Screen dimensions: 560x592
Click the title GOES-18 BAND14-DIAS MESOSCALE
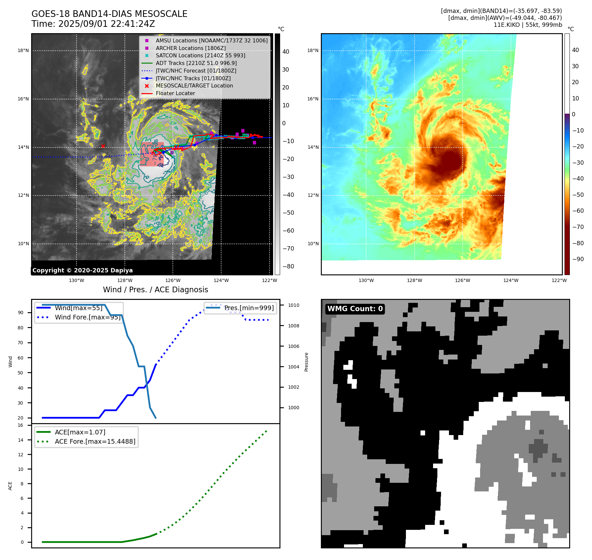pos(109,14)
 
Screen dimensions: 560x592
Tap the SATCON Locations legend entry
pos(200,56)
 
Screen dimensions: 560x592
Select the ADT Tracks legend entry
pos(196,63)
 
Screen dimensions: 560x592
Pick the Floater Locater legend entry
pos(175,93)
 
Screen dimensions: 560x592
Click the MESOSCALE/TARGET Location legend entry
pos(194,86)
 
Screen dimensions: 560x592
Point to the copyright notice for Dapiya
pos(82,270)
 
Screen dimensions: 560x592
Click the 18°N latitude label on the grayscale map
pos(23,51)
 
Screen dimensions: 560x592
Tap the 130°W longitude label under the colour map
pos(366,281)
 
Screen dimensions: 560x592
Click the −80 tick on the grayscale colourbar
pos(288,266)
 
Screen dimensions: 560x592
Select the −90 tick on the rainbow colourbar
pos(578,259)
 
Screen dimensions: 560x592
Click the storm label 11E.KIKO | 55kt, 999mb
pos(528,25)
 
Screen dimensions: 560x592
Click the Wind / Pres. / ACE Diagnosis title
pos(155,290)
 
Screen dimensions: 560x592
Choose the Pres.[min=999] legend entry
pos(249,308)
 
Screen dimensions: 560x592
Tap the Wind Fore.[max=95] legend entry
pos(88,317)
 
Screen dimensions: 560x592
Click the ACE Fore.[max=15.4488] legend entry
pos(95,442)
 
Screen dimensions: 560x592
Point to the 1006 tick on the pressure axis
pos(293,346)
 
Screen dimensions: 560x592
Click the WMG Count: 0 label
pos(355,309)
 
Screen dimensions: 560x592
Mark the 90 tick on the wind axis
pos(21,312)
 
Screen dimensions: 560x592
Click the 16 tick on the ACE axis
pos(21,425)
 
